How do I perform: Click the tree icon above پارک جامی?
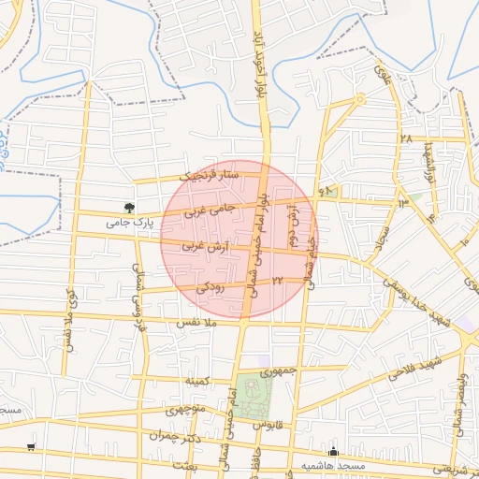click(128, 207)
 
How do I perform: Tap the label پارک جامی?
click(129, 223)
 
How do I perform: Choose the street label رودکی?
click(210, 288)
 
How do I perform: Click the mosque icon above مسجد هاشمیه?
click(333, 452)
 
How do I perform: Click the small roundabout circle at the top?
click(359, 98)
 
